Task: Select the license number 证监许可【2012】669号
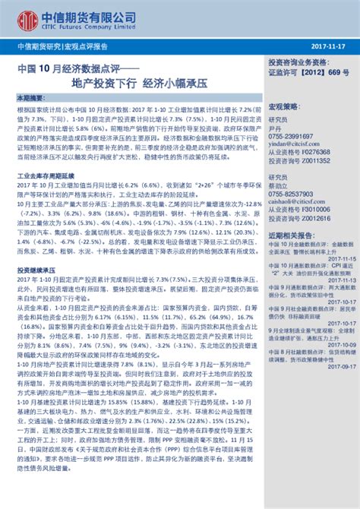pos(302,74)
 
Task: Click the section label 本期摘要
pos(31,99)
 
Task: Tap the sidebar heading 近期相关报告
pos(292,236)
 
